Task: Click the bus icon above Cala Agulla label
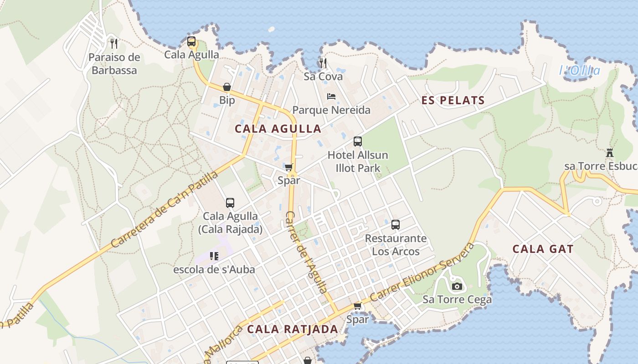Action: coord(191,41)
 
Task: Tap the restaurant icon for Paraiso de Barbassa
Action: coord(114,44)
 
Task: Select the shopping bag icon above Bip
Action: coord(227,87)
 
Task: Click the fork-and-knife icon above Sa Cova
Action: coord(323,63)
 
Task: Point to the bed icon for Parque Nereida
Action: coord(331,96)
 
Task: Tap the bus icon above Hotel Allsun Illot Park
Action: coord(358,142)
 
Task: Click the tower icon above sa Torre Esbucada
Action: coord(610,153)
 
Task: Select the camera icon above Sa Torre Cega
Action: coord(457,286)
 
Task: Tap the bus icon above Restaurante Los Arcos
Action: coord(396,225)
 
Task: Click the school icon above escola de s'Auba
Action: coord(214,256)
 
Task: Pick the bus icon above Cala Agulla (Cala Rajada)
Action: coord(230,203)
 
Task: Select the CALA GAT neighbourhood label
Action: coord(543,249)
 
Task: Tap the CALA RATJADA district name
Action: coord(293,329)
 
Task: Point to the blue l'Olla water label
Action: coord(579,71)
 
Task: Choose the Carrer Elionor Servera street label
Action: coord(422,272)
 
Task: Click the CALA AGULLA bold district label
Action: coord(278,129)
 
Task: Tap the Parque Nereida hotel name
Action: coord(331,110)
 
